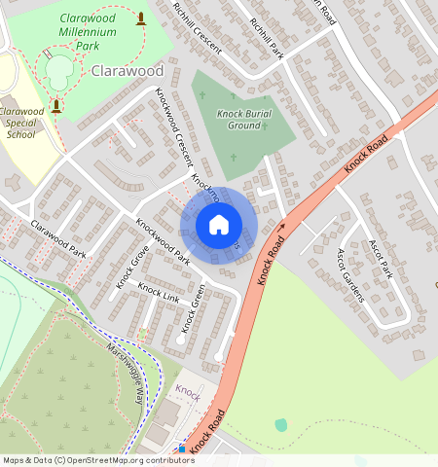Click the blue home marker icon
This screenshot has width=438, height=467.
tap(219, 226)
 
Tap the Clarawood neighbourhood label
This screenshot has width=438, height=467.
tap(128, 71)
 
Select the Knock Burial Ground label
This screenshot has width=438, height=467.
tap(237, 120)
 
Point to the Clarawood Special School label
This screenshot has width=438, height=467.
tap(20, 123)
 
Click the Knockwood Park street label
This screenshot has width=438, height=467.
tap(163, 241)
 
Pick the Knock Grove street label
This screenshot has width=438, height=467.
tap(132, 267)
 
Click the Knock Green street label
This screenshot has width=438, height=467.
tap(192, 308)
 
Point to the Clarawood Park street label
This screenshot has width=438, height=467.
tap(58, 238)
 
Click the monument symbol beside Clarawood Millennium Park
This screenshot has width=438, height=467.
tap(142, 18)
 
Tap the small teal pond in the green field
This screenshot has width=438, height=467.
tap(281, 425)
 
